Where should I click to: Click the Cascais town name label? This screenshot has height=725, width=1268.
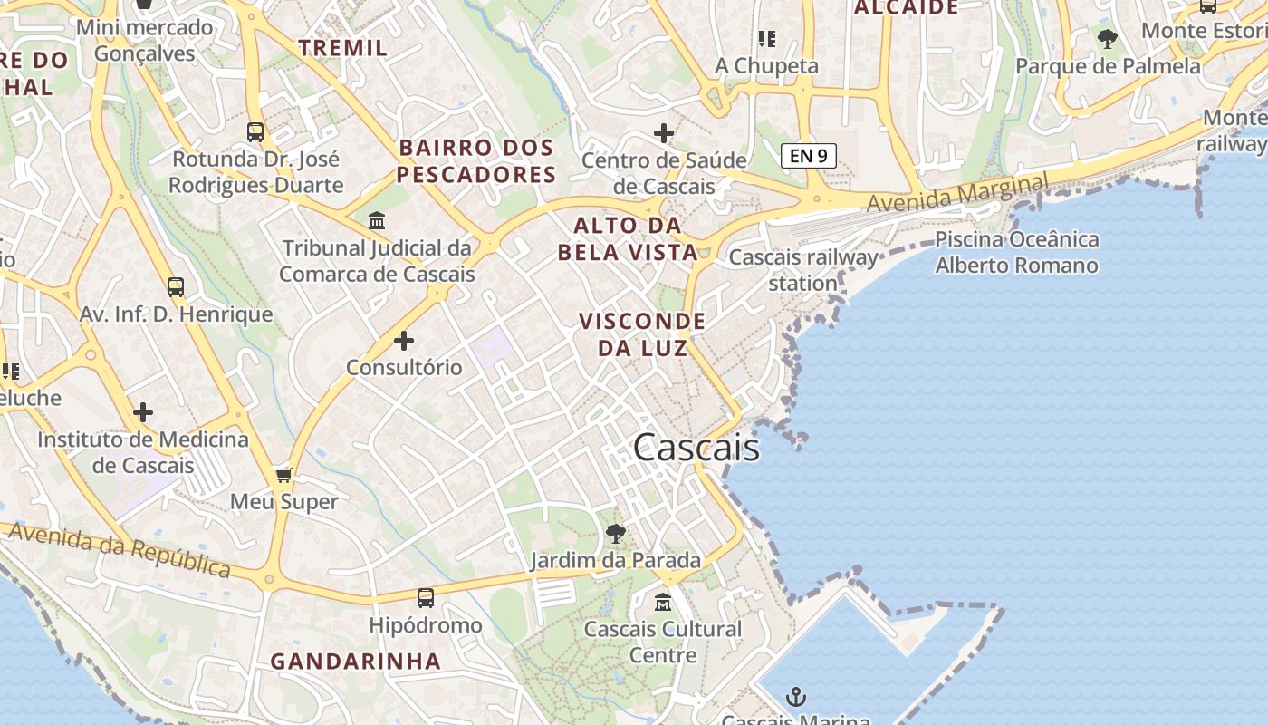(x=696, y=448)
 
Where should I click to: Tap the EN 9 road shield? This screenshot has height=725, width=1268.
(x=808, y=155)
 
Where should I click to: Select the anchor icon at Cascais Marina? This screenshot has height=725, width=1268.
(x=795, y=697)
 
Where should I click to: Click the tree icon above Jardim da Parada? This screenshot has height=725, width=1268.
(x=616, y=534)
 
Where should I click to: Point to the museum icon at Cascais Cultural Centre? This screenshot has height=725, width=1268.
(x=663, y=602)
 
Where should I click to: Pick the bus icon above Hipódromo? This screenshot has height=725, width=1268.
(x=426, y=597)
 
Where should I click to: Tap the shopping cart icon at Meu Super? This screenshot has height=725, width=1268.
(x=284, y=476)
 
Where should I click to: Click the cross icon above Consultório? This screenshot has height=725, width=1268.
(x=404, y=341)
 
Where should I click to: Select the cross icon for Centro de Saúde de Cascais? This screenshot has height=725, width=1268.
(x=664, y=133)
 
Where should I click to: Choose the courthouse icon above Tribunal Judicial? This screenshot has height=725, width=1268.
(x=376, y=220)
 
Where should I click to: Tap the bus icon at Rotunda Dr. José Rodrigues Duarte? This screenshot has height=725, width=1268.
(x=255, y=132)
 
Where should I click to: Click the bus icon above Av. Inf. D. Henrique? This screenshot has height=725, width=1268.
(x=176, y=287)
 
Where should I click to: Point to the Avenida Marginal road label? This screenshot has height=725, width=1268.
(x=958, y=193)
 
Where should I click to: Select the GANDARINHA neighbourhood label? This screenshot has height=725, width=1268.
(x=356, y=662)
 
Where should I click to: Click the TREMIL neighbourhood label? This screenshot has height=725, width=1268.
(x=343, y=48)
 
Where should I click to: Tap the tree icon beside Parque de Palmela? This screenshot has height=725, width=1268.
(x=1107, y=39)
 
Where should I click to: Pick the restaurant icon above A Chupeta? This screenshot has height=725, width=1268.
(x=767, y=39)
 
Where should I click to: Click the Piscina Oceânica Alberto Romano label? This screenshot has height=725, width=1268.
(x=1016, y=253)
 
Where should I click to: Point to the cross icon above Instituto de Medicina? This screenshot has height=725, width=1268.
(x=143, y=413)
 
